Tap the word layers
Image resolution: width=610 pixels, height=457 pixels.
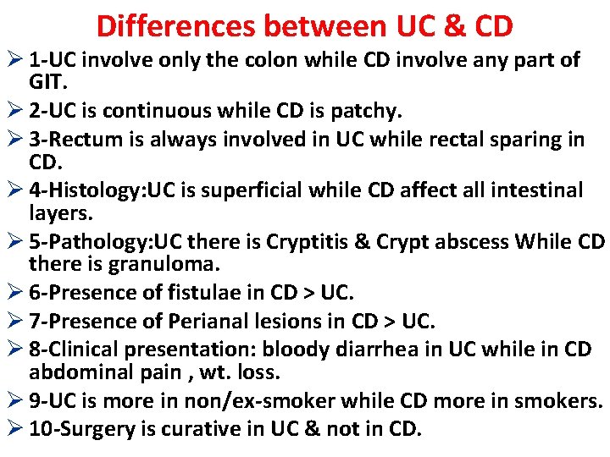tap(59, 213)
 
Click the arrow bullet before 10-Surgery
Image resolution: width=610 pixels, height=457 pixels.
tap(14, 428)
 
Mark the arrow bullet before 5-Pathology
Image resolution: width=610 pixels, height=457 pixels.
tap(14, 241)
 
